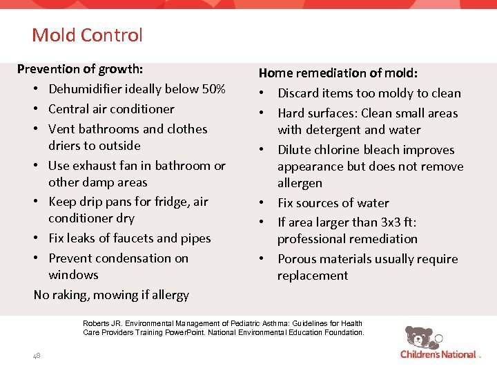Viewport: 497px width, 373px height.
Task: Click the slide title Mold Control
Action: [x=87, y=35]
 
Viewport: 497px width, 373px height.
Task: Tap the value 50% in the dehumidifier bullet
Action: [x=211, y=89]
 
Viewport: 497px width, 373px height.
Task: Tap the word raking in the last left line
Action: [x=72, y=295]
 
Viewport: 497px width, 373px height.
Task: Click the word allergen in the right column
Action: [x=300, y=183]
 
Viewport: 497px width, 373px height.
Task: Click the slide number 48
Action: [x=36, y=355]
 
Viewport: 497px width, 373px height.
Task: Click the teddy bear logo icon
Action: [x=419, y=338]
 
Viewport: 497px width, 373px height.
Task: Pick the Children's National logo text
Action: [x=438, y=354]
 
